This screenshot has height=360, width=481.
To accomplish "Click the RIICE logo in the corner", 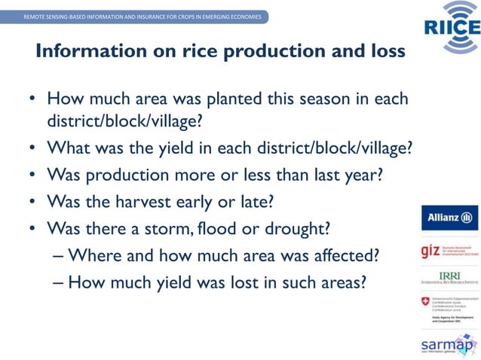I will pos(449,27).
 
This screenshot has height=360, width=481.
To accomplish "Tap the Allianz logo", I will pos(449,218).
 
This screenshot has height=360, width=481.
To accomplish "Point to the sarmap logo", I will pos(449,345).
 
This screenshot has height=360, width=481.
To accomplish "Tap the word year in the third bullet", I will pos(360,174).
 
